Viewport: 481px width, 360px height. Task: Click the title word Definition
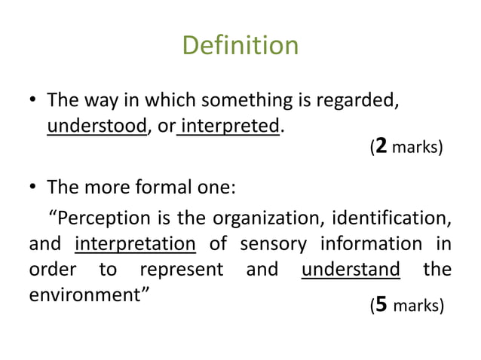click(240, 47)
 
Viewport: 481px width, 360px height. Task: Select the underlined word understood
click(97, 126)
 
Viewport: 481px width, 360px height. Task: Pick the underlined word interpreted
click(231, 126)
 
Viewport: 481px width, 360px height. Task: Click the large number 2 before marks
click(381, 145)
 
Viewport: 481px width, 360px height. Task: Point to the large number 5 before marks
click(381, 304)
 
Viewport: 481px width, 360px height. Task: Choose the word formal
click(162, 187)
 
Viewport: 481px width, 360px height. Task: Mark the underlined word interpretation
click(136, 244)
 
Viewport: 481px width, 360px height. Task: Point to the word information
click(371, 244)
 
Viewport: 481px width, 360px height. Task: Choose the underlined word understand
click(351, 269)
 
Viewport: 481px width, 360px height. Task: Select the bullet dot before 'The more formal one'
click(33, 188)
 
